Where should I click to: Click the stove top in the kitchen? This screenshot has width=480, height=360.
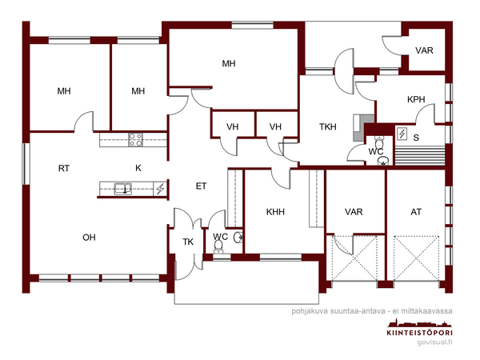136,140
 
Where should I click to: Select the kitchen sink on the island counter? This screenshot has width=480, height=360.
123,189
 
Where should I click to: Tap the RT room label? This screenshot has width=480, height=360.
64,168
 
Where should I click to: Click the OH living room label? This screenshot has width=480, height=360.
89,238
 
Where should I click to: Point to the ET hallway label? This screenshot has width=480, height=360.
201,186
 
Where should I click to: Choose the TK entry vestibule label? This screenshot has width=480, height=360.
188,242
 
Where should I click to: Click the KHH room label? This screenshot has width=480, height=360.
275,211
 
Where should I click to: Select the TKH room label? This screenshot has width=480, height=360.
327,126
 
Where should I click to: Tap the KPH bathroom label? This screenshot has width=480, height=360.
416,99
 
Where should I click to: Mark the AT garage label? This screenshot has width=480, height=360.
416,211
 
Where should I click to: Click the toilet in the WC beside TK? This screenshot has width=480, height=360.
218,246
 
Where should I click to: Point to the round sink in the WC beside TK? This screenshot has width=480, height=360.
238,238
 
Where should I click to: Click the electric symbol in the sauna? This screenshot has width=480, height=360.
402,134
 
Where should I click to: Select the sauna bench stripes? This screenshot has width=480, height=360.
420,155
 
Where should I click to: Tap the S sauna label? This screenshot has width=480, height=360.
416,138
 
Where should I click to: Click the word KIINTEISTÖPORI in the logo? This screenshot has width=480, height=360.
420,333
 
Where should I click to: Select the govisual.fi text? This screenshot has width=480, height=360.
434,342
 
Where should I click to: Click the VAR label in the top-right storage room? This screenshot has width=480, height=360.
424,50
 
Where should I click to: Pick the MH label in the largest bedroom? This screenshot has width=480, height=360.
229,63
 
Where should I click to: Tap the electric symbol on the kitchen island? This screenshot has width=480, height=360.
160,189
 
